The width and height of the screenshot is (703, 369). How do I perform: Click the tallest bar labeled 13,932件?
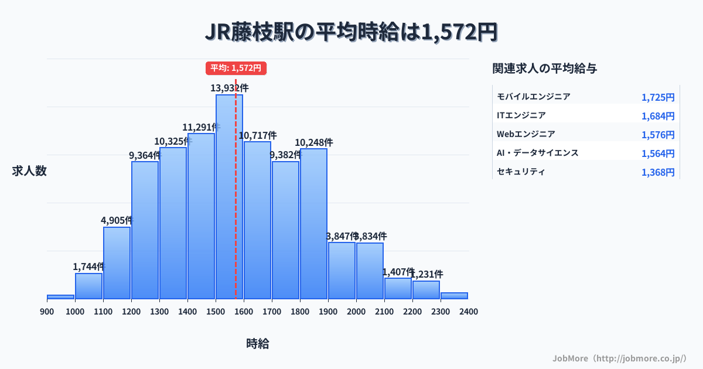click(229, 197)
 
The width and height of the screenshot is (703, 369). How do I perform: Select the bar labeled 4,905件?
click(117, 263)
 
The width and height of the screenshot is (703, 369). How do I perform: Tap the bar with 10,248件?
click(313, 224)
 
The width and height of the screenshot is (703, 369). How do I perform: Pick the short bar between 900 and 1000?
click(60, 297)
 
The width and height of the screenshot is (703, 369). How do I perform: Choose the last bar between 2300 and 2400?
click(454, 296)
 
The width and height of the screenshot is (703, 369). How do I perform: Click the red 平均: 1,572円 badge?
click(236, 68)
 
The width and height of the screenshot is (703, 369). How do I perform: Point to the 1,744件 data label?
click(88, 266)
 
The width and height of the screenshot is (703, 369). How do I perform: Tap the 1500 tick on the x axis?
click(216, 312)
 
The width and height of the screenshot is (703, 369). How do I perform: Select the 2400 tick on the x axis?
click(468, 312)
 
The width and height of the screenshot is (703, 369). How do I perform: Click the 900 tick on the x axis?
click(47, 312)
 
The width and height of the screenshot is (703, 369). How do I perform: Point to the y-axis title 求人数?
click(29, 171)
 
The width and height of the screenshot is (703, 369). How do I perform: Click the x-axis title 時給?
click(258, 344)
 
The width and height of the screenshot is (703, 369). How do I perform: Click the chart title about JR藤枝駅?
click(351, 32)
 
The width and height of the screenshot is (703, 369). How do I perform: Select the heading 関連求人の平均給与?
click(545, 69)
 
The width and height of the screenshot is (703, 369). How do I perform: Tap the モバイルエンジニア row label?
click(533, 97)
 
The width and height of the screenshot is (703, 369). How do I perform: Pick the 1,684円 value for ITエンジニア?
click(658, 116)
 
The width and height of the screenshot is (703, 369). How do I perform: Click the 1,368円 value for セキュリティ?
click(658, 172)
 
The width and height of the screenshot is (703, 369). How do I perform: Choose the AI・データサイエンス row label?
click(537, 153)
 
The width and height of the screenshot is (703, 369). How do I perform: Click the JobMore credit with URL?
click(619, 358)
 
